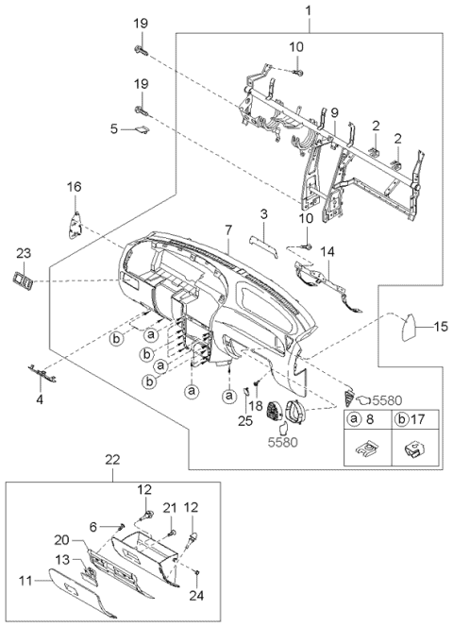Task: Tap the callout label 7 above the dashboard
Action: pos(227,230)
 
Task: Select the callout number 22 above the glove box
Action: pos(112,459)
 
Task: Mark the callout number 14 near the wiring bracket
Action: pos(327,252)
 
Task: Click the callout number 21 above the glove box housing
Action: pos(171,508)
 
